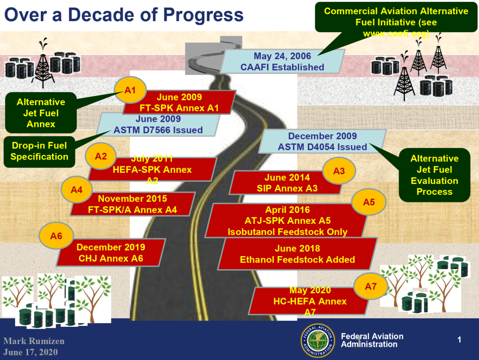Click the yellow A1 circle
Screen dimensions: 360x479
coord(130,90)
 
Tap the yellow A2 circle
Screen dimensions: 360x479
coord(101,156)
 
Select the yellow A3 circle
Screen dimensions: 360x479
coord(339,171)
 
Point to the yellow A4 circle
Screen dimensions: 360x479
coord(77,190)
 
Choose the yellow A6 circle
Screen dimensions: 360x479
coord(56,236)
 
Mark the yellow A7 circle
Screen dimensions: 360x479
coord(370,287)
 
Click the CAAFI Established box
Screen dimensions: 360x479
coord(282,61)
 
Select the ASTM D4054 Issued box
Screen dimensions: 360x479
coord(322,141)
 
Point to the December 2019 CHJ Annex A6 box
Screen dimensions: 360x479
coord(111,252)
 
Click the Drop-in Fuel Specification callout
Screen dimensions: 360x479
coord(39,151)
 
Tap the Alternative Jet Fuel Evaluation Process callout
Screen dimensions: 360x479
coord(434,175)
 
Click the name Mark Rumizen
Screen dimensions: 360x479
coord(34,341)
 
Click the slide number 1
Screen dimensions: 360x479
coord(459,340)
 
